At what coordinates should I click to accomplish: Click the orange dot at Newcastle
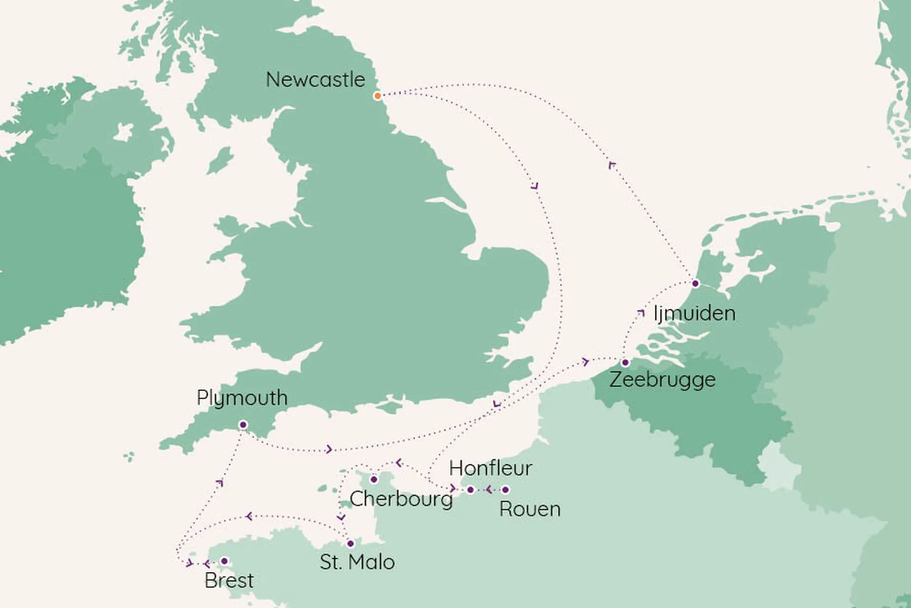click(x=377, y=96)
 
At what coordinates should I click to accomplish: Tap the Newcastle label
click(x=316, y=79)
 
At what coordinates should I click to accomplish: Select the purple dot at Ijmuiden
click(x=696, y=284)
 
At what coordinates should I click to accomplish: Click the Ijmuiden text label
click(x=695, y=313)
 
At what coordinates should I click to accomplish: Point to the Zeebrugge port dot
click(x=625, y=363)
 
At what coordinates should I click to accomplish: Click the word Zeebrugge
click(x=662, y=380)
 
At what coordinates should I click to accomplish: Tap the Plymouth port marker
click(x=243, y=425)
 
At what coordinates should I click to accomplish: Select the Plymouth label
click(x=242, y=398)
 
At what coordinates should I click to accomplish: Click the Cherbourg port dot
click(x=374, y=479)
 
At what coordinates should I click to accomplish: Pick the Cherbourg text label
click(x=401, y=499)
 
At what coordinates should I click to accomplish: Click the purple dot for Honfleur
click(x=470, y=490)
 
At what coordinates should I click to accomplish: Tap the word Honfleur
click(x=491, y=468)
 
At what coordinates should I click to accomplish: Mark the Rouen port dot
click(x=505, y=490)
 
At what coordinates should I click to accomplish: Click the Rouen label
click(x=530, y=509)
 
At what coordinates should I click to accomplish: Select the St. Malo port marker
click(x=351, y=543)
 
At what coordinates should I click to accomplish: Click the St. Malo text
click(x=357, y=562)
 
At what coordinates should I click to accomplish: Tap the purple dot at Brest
click(x=224, y=561)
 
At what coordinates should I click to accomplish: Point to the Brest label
click(x=229, y=580)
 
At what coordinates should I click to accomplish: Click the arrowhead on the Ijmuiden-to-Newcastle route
click(x=612, y=165)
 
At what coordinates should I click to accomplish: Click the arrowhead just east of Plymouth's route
click(x=329, y=449)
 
